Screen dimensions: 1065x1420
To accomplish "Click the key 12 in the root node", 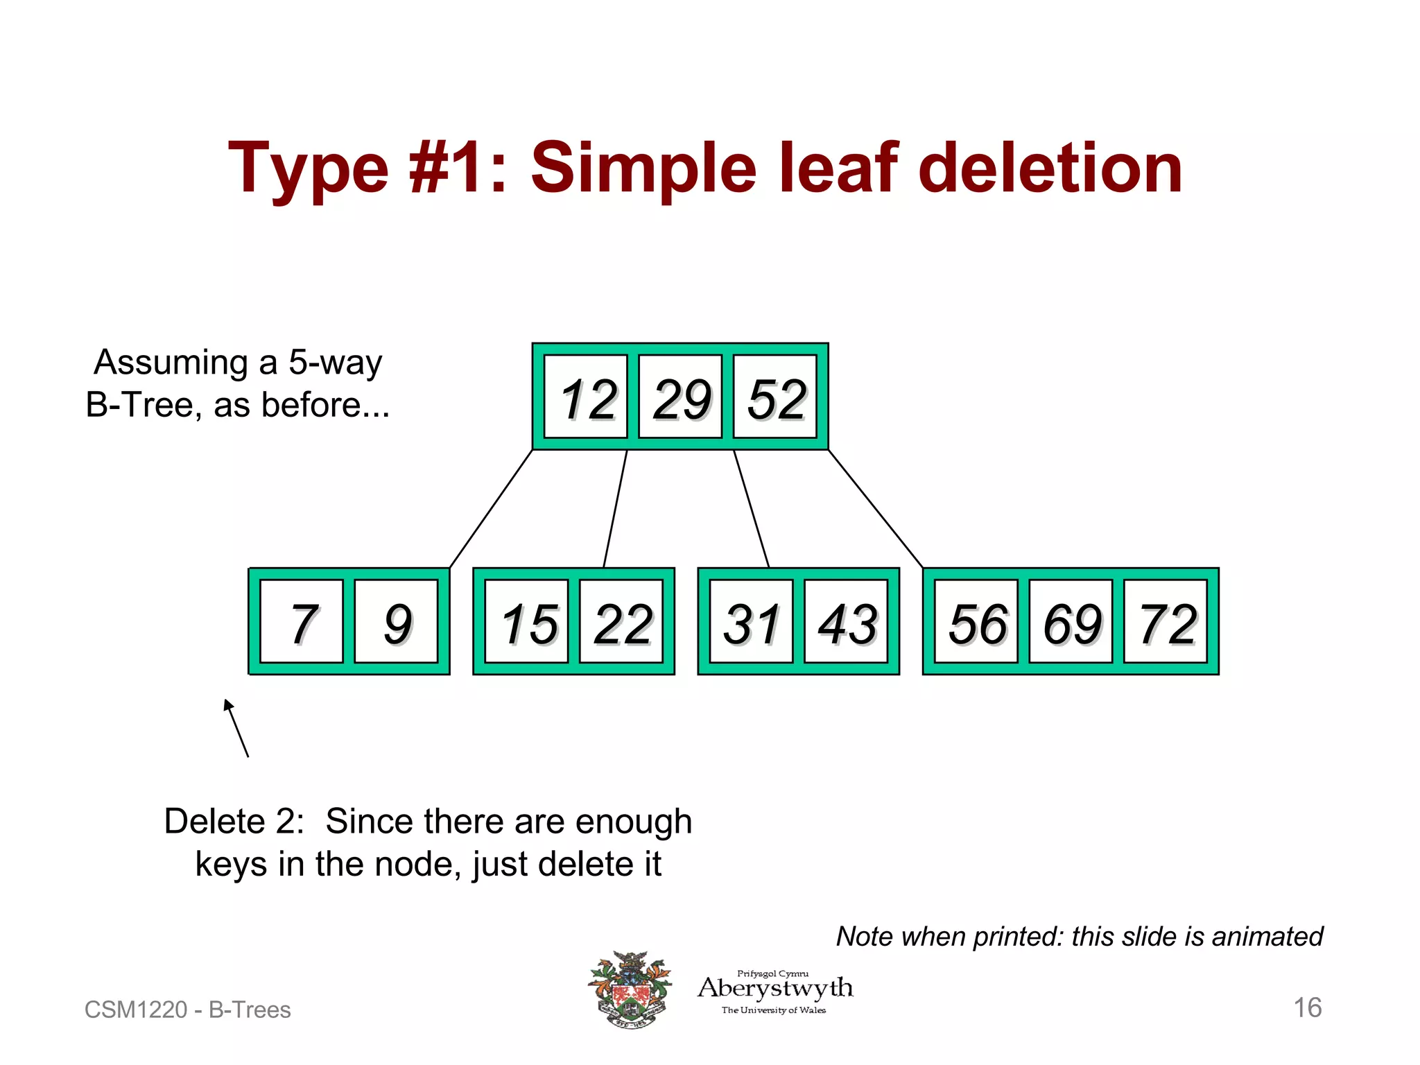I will pyautogui.click(x=586, y=397).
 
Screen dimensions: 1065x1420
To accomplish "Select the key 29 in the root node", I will pyautogui.click(x=680, y=397).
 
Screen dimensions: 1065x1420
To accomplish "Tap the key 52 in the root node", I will pyautogui.click(x=775, y=397).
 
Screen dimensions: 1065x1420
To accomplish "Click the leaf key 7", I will pyautogui.click(x=302, y=622).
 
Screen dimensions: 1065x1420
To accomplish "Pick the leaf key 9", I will pyautogui.click(x=396, y=622).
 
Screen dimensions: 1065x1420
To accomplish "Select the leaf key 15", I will pyautogui.click(x=526, y=622).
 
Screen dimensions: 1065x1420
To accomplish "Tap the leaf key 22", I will pyautogui.click(x=621, y=622).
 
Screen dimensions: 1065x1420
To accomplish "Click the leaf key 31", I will pyautogui.click(x=751, y=622).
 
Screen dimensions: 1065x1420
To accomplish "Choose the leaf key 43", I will pyautogui.click(x=846, y=622).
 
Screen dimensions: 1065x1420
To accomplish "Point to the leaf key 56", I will pyautogui.click(x=976, y=622).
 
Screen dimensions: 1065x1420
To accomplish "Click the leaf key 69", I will pyautogui.click(x=1071, y=622).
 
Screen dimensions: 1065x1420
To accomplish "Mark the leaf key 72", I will pyautogui.click(x=1166, y=622).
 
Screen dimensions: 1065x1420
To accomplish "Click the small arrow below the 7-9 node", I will pyautogui.click(x=236, y=728).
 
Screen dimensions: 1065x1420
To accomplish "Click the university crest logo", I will pyautogui.click(x=630, y=989).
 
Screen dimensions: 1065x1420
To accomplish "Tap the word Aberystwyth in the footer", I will pyautogui.click(x=775, y=987).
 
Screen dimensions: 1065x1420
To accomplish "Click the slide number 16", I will pyautogui.click(x=1308, y=1007).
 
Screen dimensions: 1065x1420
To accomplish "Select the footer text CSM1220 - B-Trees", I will pyautogui.click(x=187, y=1010).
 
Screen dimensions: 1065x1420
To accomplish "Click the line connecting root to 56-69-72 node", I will pyautogui.click(x=875, y=508).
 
